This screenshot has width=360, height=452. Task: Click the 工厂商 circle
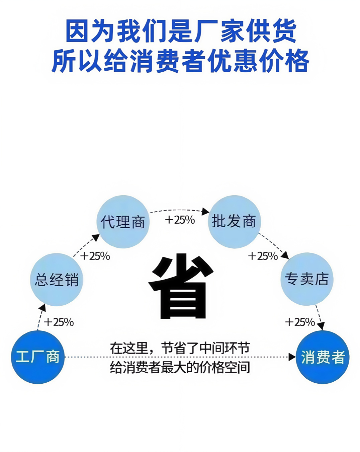(38, 357)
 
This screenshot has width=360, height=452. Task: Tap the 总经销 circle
(57, 280)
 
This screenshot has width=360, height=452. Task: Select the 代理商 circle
(123, 222)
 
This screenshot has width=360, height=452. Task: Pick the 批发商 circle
(234, 221)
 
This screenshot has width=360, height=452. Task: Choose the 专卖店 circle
(307, 279)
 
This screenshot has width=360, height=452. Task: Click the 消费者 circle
(323, 357)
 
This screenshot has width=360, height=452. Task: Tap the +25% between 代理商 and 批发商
(180, 220)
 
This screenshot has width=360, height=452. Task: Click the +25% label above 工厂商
(59, 322)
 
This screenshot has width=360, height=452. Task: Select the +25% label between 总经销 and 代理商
(95, 256)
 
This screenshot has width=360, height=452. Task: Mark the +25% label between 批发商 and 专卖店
(263, 256)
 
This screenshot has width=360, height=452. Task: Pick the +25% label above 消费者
(300, 322)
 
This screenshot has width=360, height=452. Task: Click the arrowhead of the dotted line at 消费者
(292, 357)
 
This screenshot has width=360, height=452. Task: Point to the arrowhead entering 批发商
(205, 212)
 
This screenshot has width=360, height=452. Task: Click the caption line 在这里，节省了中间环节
(180, 348)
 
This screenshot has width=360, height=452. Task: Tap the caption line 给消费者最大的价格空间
(180, 367)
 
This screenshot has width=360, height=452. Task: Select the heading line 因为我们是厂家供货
(181, 31)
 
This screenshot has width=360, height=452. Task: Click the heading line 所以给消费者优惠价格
(181, 61)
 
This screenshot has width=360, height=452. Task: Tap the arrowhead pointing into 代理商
(96, 238)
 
